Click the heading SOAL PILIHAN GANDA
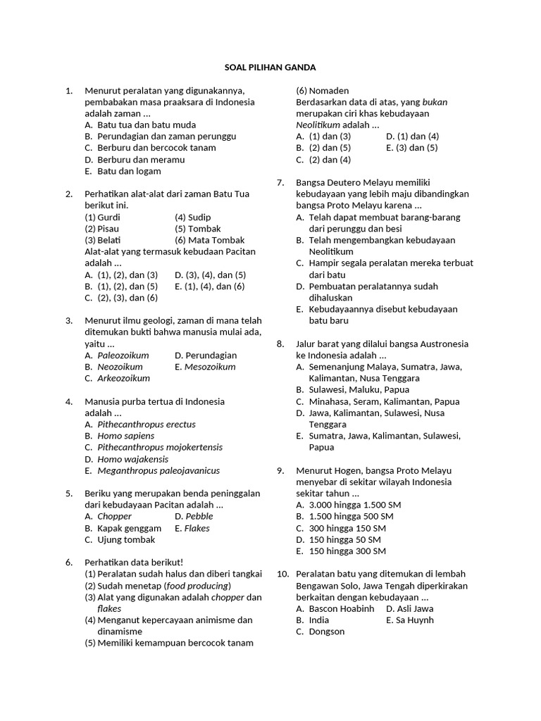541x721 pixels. coord(270,68)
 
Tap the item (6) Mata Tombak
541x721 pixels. coord(210,240)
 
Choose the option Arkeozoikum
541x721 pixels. coord(123,378)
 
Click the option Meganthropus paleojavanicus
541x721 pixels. coord(158,470)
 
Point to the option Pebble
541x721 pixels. coord(199,516)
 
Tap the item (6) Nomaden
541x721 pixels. coord(322,91)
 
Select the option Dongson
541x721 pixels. coord(327,632)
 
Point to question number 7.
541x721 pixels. coord(280,182)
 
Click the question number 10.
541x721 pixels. coord(282,574)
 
